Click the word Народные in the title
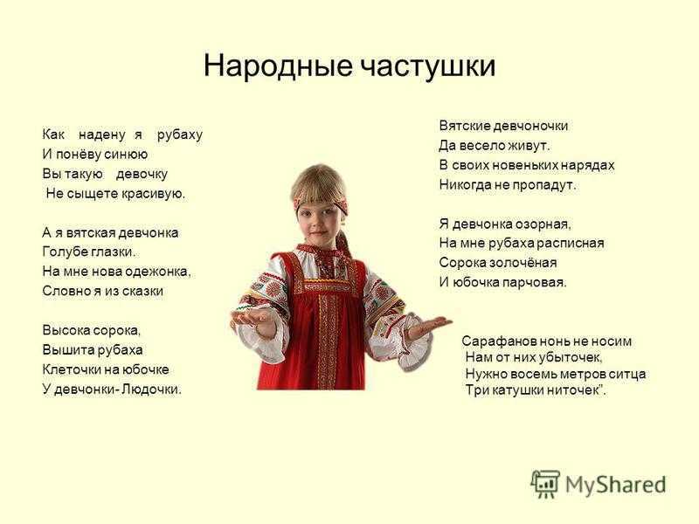[x=278, y=66]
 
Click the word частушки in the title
[x=427, y=67]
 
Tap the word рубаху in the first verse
[x=180, y=134]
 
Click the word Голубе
[x=65, y=252]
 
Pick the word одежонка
[x=158, y=272]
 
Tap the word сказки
[x=142, y=292]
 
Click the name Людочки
[x=151, y=390]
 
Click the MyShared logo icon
[x=545, y=484]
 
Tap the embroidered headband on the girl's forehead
[x=319, y=198]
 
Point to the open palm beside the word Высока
[x=255, y=316]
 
